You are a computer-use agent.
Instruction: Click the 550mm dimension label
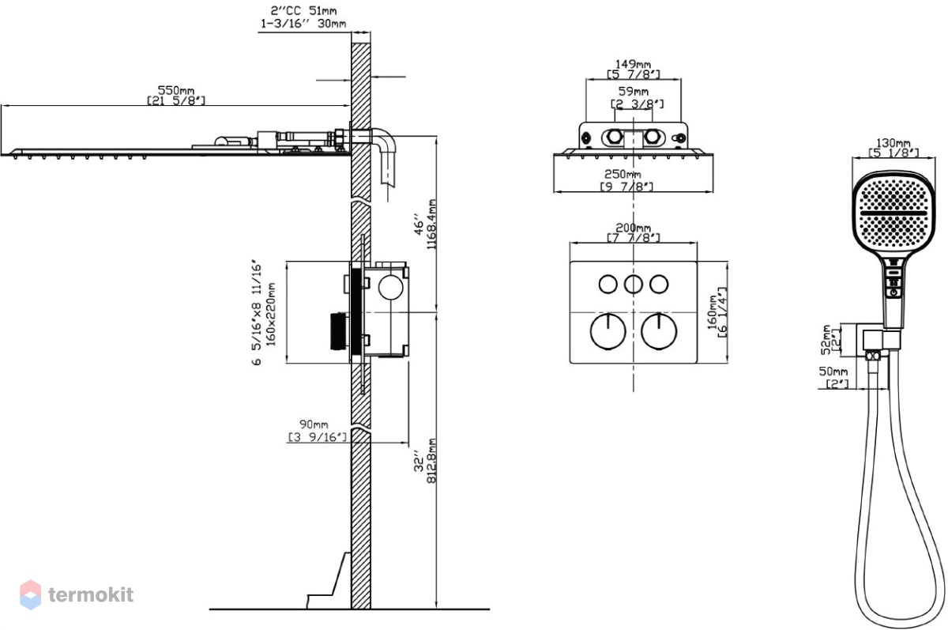point(176,90)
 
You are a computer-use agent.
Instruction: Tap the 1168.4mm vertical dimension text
point(431,224)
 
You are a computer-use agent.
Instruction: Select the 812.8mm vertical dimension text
point(431,461)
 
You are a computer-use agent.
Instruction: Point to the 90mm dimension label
point(314,424)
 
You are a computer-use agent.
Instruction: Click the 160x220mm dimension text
point(271,315)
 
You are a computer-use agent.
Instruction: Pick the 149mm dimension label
point(633,64)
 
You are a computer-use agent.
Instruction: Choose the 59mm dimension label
point(634,91)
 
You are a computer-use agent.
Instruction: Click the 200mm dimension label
point(633,228)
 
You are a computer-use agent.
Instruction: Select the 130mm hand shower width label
point(893,143)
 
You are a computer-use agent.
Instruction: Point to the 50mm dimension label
point(833,372)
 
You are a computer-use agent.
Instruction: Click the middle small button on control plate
point(634,284)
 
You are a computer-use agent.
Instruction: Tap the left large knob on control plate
point(608,331)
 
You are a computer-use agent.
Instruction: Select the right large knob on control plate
point(659,331)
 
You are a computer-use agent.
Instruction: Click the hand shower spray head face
point(893,213)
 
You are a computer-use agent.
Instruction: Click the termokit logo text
point(91,595)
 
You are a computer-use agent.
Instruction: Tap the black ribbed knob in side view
point(338,331)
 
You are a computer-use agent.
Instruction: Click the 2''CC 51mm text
point(303,10)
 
